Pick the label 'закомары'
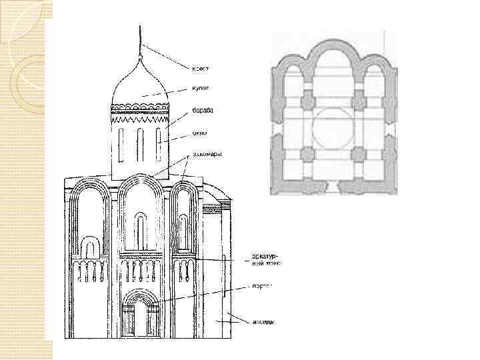click(x=207, y=154)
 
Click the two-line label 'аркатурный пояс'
click(x=265, y=259)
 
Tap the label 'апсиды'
click(x=263, y=322)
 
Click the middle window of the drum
click(x=141, y=143)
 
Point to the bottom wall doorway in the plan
click(x=333, y=189)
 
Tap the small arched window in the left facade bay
click(x=89, y=249)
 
